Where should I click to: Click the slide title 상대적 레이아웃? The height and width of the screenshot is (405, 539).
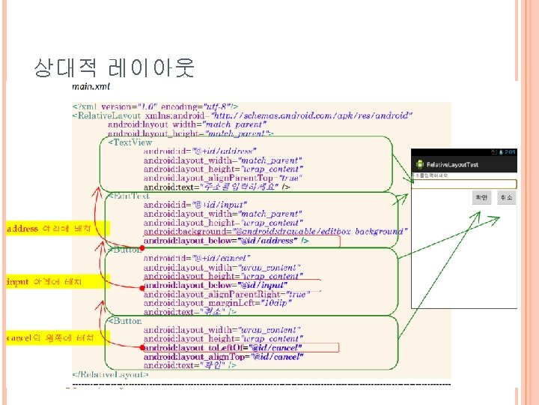click(114, 68)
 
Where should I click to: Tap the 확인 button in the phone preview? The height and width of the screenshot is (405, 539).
click(481, 197)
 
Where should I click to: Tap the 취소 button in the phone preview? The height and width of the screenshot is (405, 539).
click(505, 197)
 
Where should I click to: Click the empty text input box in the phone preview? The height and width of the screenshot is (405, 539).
click(463, 183)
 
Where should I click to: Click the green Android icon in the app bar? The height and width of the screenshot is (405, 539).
click(421, 163)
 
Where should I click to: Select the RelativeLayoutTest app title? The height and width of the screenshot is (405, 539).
click(453, 164)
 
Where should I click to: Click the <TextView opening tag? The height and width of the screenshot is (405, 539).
click(130, 142)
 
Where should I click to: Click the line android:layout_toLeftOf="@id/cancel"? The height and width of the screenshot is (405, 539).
click(222, 348)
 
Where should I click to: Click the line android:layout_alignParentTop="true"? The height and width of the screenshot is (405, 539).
click(224, 178)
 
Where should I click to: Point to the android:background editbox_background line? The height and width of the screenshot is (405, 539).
click(273, 232)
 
